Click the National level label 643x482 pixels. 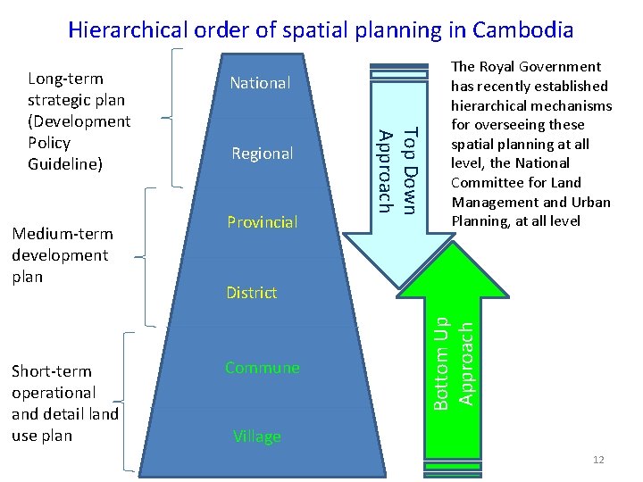tap(260, 83)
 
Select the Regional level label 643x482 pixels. tap(262, 154)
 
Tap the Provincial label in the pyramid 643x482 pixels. tap(262, 221)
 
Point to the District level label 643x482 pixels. tap(251, 293)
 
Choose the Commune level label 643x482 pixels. tap(262, 368)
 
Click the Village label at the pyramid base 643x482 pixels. tap(256, 436)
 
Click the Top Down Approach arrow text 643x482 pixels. tap(397, 170)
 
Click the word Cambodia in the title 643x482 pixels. tap(523, 29)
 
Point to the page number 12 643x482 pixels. tap(597, 460)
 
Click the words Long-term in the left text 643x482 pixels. tap(65, 79)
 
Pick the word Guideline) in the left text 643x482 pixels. tap(64, 164)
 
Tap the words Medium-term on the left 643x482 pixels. tap(63, 234)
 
